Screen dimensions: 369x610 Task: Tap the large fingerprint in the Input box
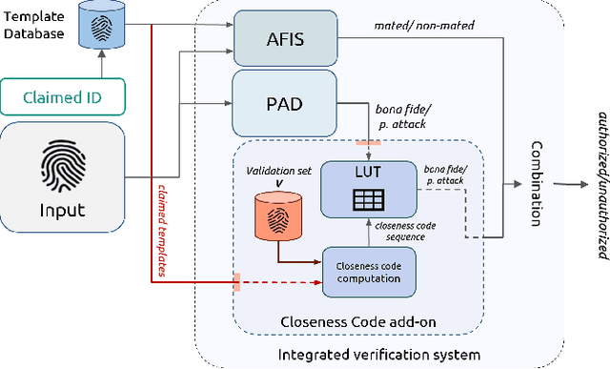[x=74, y=169]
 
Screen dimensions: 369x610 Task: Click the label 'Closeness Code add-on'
[x=364, y=321]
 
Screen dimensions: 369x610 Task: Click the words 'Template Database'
[x=33, y=25]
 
